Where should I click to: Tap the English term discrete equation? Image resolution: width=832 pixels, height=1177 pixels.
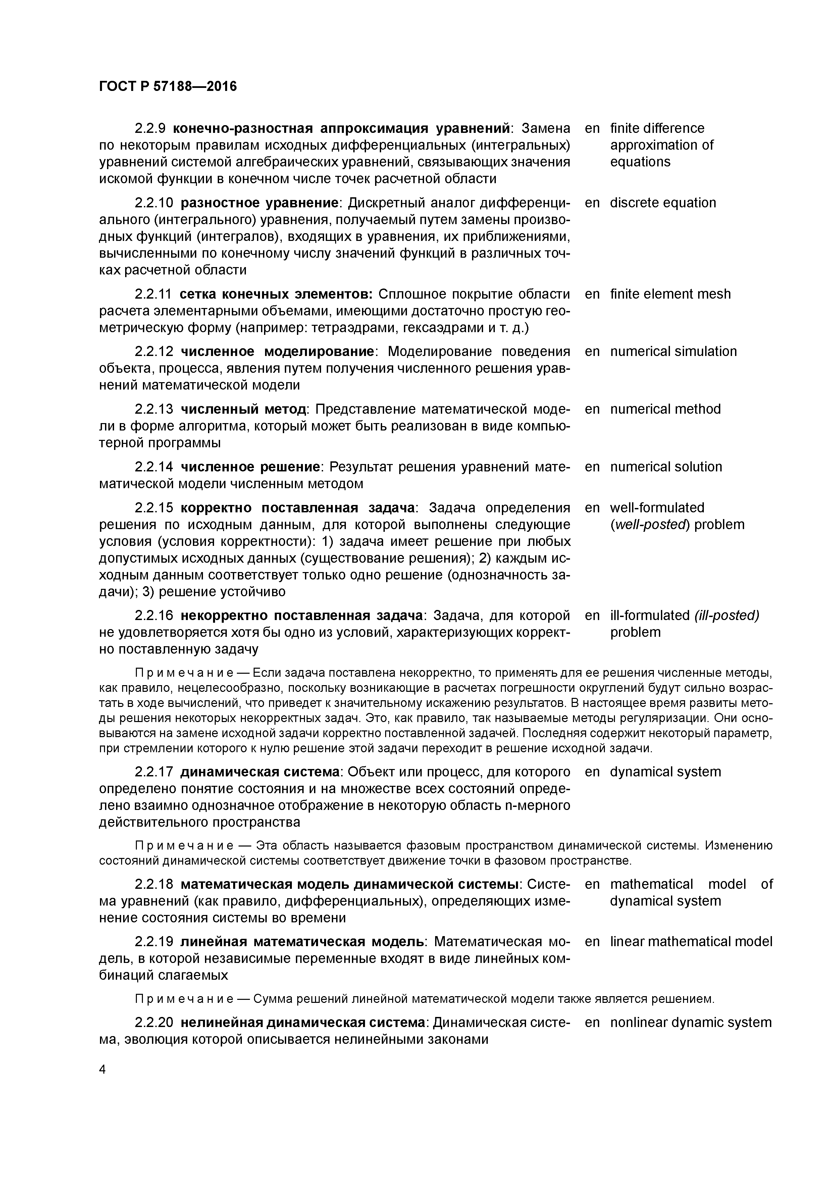[x=662, y=203]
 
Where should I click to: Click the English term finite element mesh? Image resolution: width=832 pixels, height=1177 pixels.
[x=670, y=294]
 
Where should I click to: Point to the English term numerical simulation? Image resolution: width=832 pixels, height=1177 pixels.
[x=673, y=352]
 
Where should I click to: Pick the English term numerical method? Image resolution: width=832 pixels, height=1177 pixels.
[x=665, y=409]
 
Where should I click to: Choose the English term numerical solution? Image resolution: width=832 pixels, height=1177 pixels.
[x=665, y=467]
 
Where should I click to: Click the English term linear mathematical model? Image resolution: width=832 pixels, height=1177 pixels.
[x=690, y=942]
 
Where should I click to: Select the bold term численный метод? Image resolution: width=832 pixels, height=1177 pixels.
[x=243, y=409]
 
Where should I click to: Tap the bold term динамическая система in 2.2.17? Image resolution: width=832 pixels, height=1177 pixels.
[x=260, y=772]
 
